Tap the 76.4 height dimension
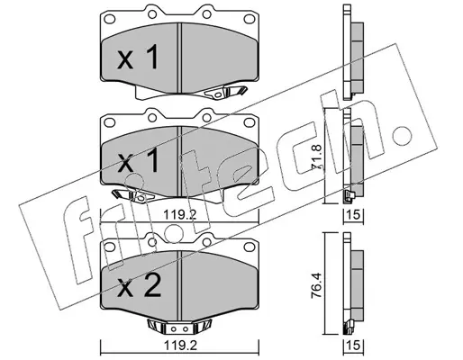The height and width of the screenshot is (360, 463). pos(318,284)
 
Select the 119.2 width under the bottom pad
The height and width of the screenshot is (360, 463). pos(180,346)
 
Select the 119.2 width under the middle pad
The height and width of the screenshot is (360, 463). pos(180,214)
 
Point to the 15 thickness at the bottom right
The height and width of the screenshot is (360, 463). pos(353,346)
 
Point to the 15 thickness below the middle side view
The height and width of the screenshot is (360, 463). pos(353,215)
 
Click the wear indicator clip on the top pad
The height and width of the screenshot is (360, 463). pos(225,92)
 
